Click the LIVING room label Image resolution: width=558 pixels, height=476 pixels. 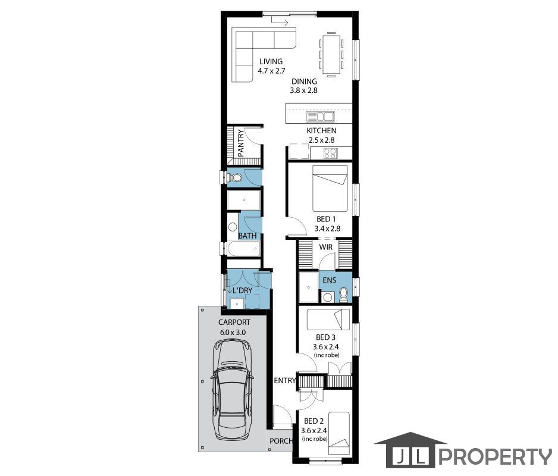pos(271,62)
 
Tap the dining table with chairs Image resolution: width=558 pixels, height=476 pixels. pos(331,55)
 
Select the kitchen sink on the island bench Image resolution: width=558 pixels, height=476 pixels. pos(320,117)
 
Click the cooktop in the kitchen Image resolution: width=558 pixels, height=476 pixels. pos(330,153)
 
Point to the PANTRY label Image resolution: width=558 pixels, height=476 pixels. pos(241,143)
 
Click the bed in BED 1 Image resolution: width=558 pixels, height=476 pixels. pos(330,189)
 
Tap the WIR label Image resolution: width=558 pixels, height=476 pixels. pos(326,247)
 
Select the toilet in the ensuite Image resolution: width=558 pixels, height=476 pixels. pos(344,295)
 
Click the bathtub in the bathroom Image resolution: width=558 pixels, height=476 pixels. pos(244,249)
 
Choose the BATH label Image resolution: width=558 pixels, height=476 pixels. pos(247,236)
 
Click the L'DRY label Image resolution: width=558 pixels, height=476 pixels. pos(242,290)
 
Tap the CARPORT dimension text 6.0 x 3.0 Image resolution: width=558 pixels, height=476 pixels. pos(233,333)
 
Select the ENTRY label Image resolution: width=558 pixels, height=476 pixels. pos(285,381)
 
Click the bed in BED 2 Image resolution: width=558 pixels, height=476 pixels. pos(339,433)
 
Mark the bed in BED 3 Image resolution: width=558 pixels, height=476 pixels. pos(328,320)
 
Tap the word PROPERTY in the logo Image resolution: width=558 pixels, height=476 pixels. pos(495,456)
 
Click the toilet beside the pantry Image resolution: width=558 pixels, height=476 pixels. pos(235,177)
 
